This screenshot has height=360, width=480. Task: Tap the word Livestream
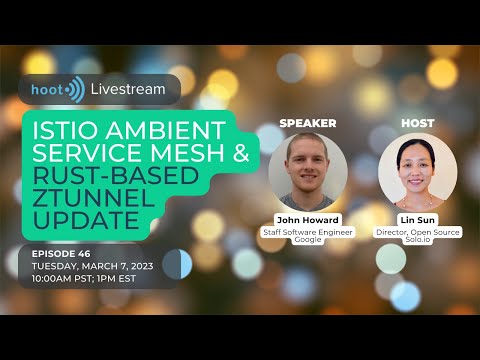point(127,90)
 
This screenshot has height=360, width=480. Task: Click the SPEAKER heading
point(307,123)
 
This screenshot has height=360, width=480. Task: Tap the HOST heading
point(417,123)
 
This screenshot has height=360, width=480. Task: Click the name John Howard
point(308,218)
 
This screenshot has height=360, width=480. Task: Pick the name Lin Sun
point(418,218)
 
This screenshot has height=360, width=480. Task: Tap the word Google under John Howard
point(308,241)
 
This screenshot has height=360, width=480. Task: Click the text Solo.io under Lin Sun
point(418,241)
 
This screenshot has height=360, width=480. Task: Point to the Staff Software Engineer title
point(308,231)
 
